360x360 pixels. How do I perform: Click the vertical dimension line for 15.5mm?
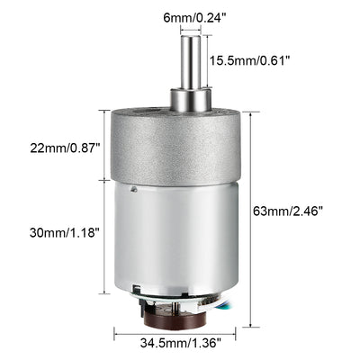pyautogui.click(x=205, y=61)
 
